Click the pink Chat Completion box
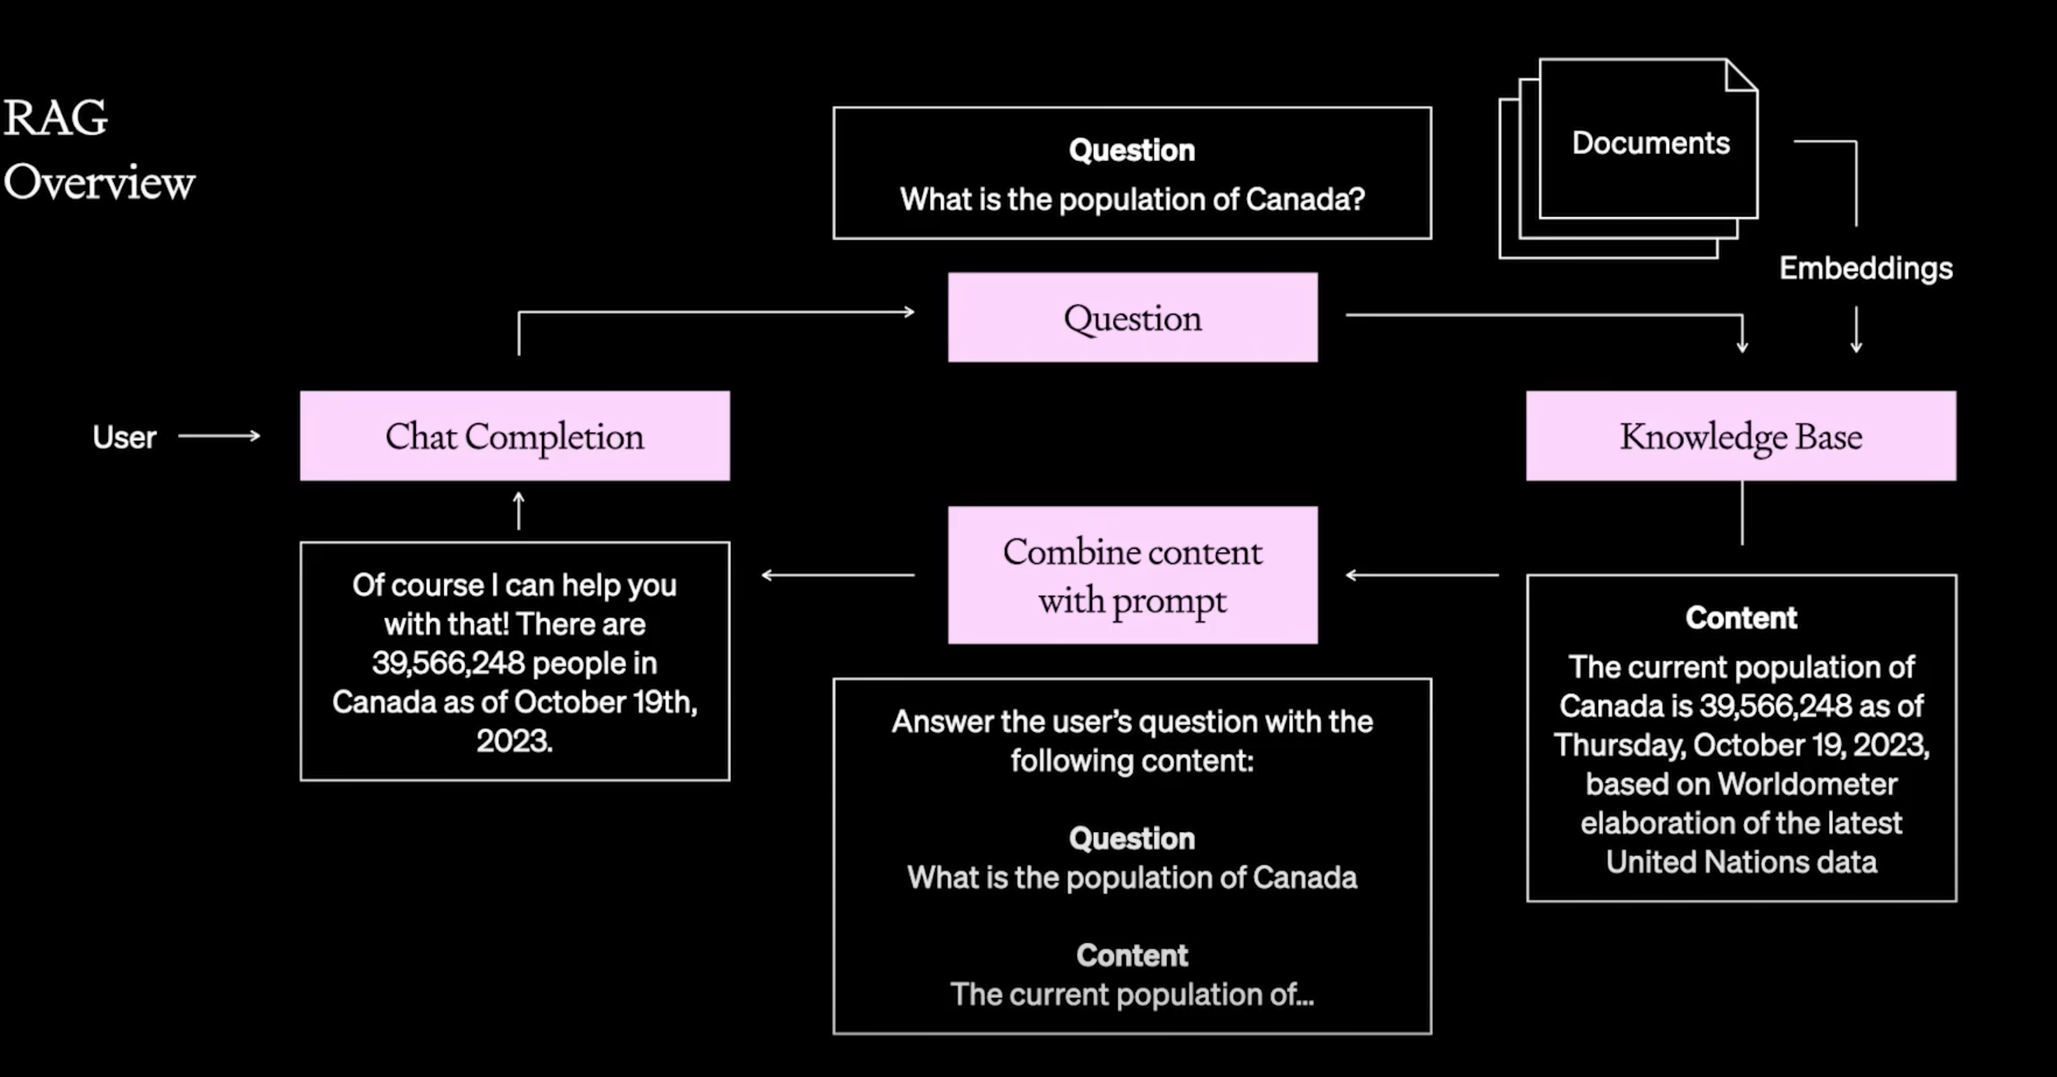[515, 436]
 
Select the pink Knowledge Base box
[1741, 436]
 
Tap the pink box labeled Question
[1133, 318]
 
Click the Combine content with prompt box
[1133, 575]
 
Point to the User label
[124, 437]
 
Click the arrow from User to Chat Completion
[219, 436]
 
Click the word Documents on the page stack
[1650, 143]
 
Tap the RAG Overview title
[99, 149]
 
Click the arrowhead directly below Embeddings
[1856, 347]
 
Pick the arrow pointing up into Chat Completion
[519, 511]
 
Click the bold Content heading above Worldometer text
[1741, 618]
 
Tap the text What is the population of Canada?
[1133, 199]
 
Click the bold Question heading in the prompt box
[1133, 838]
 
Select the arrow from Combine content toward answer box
[839, 575]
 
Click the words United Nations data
[1741, 863]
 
